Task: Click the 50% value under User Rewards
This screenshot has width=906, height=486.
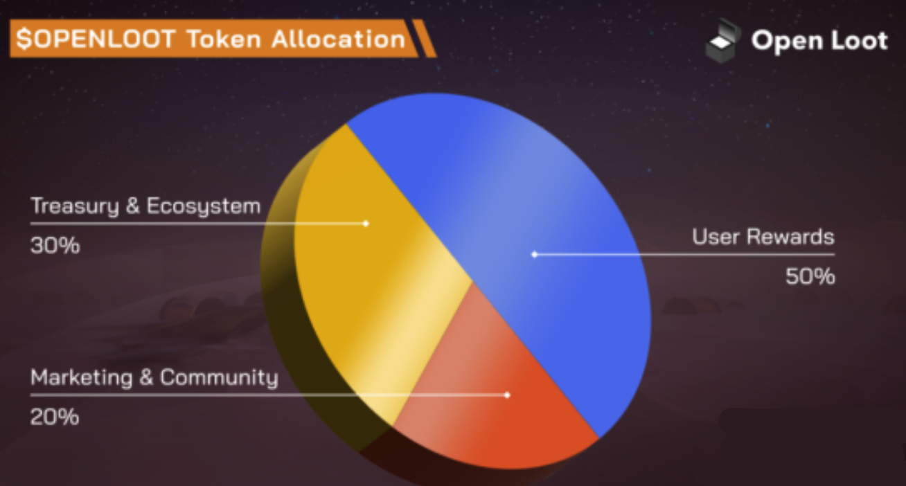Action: coord(810,276)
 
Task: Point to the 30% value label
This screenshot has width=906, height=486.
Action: coord(55,246)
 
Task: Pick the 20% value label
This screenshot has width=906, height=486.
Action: coord(55,417)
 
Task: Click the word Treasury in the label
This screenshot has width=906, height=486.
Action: coord(75,206)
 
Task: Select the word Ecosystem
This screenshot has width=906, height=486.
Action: coord(204,206)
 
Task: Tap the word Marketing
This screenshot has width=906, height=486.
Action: coord(82,377)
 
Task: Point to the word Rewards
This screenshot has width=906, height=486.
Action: coord(790,237)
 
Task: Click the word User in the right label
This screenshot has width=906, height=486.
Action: coord(716,237)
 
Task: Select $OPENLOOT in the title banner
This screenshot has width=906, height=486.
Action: coord(96,39)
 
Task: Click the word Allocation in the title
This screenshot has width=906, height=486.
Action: coord(338,39)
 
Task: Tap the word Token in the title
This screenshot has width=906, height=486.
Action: coord(224,39)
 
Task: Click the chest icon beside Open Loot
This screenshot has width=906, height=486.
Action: coord(723,41)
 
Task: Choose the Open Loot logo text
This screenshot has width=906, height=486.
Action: coord(819,41)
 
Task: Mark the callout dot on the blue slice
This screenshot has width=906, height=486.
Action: coord(534,254)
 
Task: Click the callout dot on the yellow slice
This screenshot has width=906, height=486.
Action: coord(366,223)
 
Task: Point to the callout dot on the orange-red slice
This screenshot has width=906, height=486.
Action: coord(507,395)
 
